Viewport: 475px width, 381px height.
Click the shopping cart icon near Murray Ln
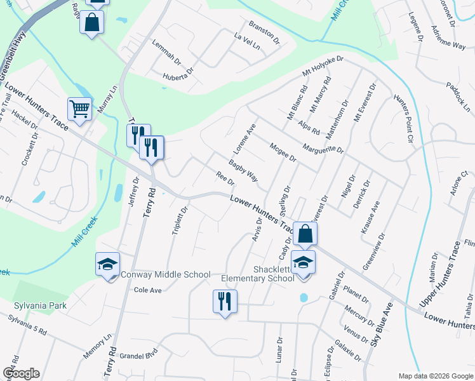[x=79, y=109]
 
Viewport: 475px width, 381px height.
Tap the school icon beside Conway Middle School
[x=108, y=264]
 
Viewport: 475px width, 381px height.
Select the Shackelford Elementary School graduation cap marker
[x=304, y=262]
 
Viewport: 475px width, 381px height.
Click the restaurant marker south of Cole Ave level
[x=224, y=302]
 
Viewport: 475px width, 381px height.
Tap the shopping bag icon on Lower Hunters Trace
[x=305, y=233]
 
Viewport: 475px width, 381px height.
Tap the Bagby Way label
[x=243, y=171]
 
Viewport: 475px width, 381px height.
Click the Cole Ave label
[x=148, y=290]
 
